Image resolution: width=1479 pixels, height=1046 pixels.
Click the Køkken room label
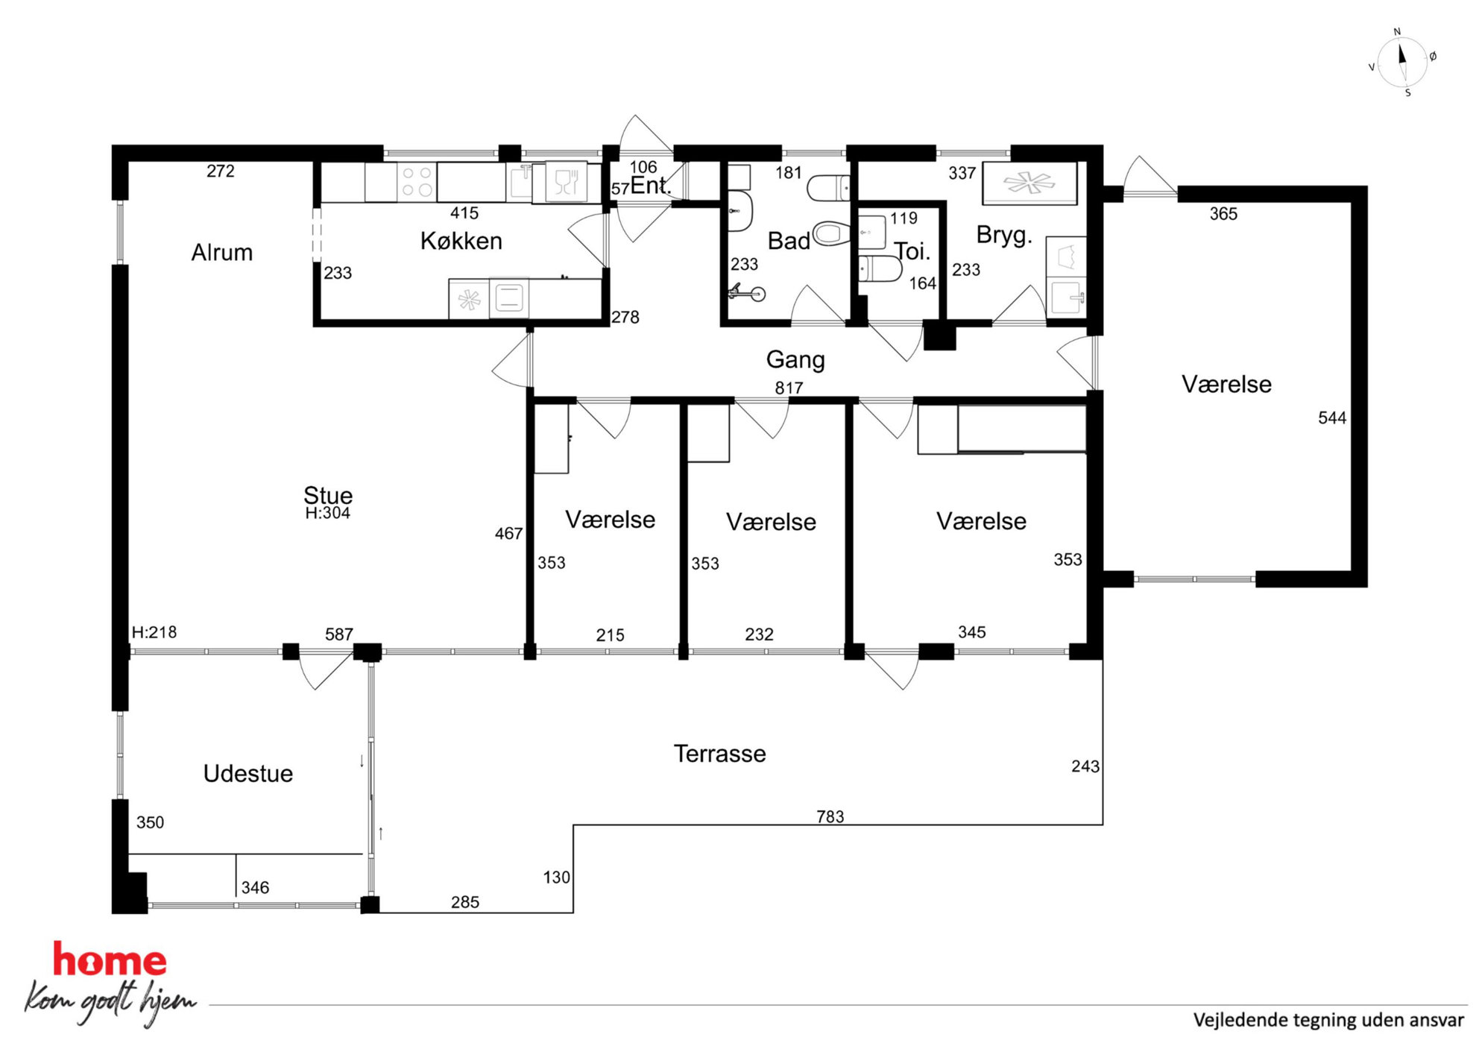click(x=461, y=241)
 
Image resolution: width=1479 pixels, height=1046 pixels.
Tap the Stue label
click(x=327, y=494)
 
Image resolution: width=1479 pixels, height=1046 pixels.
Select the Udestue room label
click(x=247, y=773)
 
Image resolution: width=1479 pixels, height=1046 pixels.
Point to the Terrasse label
click(x=719, y=753)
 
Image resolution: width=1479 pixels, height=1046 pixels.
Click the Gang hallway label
click(x=795, y=360)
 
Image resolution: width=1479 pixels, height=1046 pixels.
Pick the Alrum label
click(x=221, y=252)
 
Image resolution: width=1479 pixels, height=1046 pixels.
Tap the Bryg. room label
click(x=1004, y=235)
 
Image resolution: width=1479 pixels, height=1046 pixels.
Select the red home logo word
click(x=110, y=960)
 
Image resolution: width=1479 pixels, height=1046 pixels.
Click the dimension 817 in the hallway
click(x=789, y=388)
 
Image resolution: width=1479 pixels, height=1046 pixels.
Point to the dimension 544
click(x=1331, y=418)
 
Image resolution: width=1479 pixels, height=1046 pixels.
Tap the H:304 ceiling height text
click(x=327, y=513)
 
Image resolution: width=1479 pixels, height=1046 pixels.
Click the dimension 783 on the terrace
click(x=830, y=816)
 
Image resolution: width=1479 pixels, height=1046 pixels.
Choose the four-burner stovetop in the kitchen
click(x=417, y=181)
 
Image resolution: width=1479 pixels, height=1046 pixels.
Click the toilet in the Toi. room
click(x=880, y=268)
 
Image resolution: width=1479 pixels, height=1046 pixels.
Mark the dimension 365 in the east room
click(x=1223, y=214)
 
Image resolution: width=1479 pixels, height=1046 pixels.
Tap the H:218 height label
click(x=154, y=632)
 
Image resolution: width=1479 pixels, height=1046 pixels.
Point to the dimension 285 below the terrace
click(x=464, y=902)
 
